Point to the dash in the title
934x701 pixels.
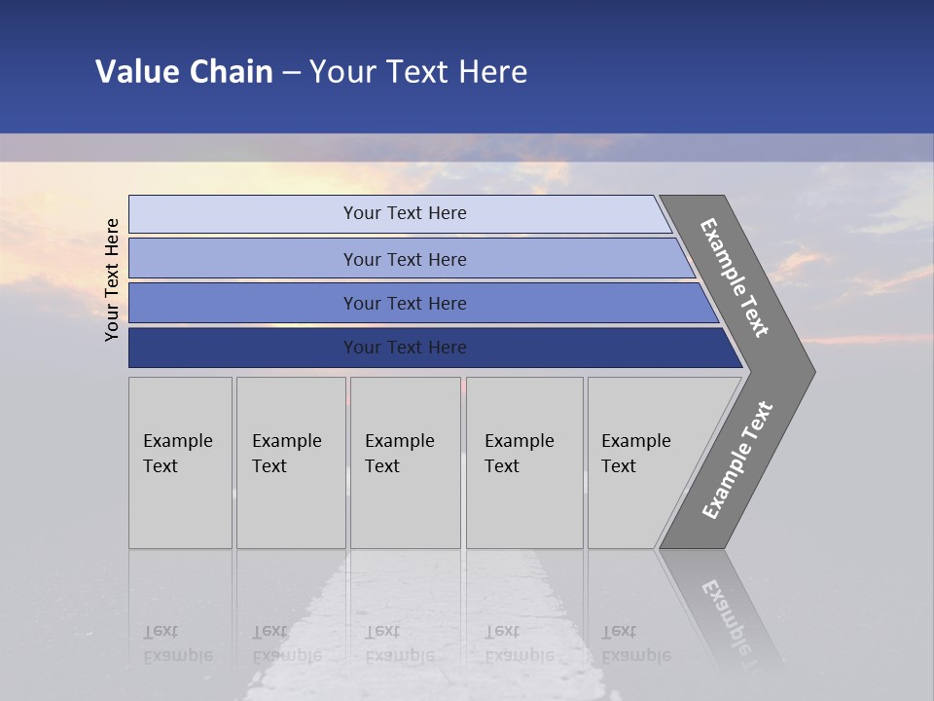point(291,73)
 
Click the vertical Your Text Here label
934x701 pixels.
point(112,279)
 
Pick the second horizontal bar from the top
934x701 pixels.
point(404,259)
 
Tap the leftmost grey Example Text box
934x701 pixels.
point(180,462)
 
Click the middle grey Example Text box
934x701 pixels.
point(405,462)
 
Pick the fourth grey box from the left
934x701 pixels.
point(524,462)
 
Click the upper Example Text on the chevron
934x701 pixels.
point(735,277)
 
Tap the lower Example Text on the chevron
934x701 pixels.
point(736,460)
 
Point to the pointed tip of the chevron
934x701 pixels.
point(812,371)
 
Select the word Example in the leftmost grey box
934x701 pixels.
point(177,441)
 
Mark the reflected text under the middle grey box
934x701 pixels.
point(399,644)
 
